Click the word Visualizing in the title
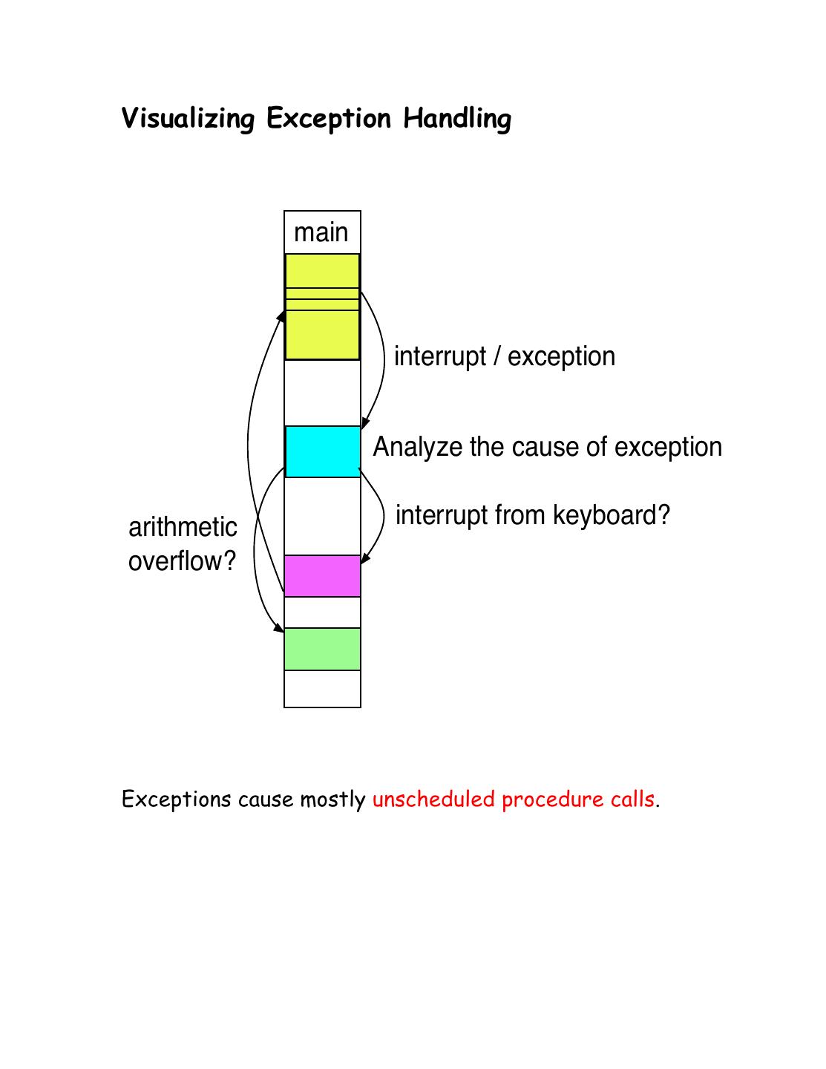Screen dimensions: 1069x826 coord(188,119)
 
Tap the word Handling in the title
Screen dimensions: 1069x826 coord(457,119)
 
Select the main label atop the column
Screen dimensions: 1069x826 coord(321,232)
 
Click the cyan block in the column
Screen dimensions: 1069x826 coord(322,451)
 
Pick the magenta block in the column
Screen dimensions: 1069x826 coord(322,576)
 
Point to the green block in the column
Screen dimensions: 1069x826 coord(322,649)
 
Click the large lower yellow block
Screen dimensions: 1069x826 coord(322,335)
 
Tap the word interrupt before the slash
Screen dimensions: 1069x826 coord(439,357)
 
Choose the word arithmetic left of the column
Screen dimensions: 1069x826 coord(183,527)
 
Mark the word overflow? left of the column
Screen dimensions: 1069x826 coord(182,561)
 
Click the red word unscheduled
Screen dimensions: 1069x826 coord(433,800)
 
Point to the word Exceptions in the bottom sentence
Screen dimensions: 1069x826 coord(177,800)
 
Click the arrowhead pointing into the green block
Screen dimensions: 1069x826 coord(279,628)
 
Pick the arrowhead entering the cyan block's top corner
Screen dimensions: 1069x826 coord(365,422)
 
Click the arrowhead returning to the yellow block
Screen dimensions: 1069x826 coord(281,316)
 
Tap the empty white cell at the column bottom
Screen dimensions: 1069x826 coord(322,689)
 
